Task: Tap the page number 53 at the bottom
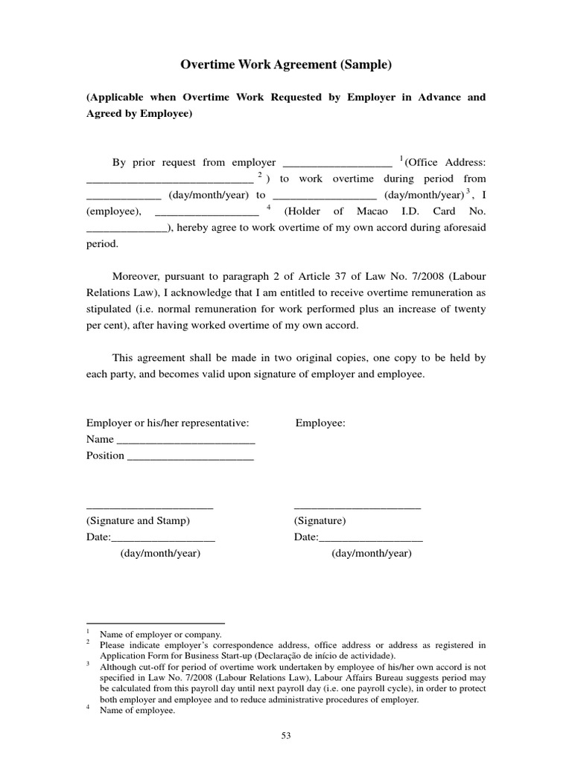coord(286,736)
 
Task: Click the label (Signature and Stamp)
coord(139,520)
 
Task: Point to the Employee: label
coord(320,423)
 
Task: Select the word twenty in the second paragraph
coord(470,309)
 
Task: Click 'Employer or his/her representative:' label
coord(167,423)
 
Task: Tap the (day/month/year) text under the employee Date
coord(371,554)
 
